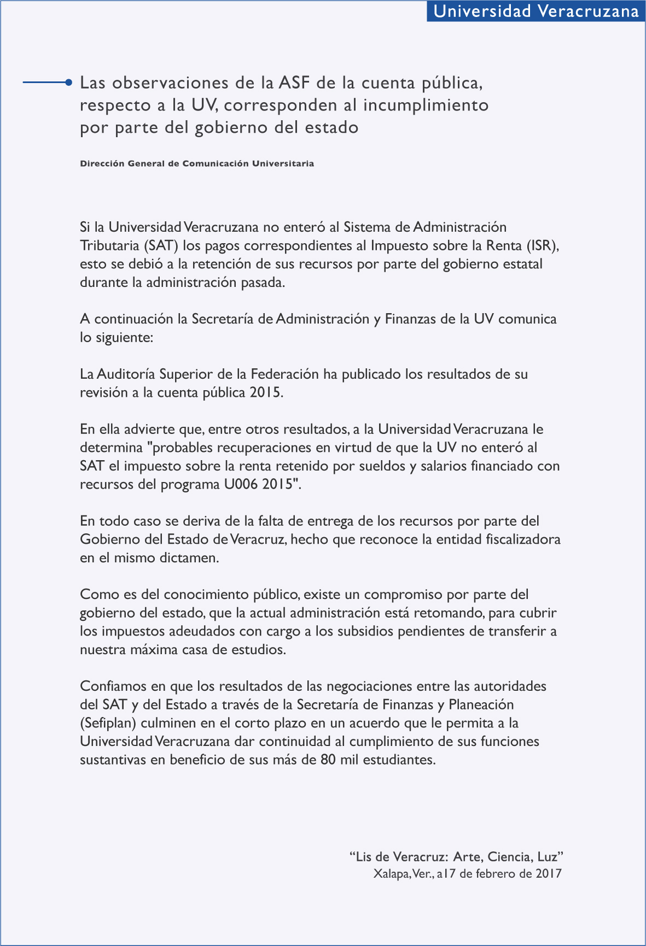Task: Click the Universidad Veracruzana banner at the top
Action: (536, 11)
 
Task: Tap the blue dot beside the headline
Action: (68, 83)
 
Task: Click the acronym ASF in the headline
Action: (294, 83)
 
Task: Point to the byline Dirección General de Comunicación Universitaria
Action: (197, 163)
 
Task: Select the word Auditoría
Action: (126, 374)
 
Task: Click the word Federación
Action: (284, 374)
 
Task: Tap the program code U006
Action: (241, 485)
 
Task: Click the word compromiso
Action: (403, 595)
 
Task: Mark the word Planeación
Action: (481, 704)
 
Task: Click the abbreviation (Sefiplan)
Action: (108, 723)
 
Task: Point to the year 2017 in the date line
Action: (549, 873)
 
